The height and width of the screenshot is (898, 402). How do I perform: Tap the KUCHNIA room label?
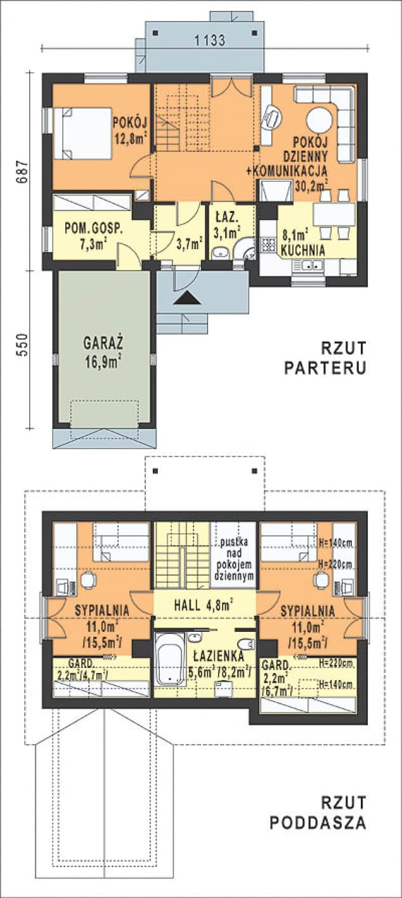point(303,250)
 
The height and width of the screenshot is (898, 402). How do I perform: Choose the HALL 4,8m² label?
point(202,605)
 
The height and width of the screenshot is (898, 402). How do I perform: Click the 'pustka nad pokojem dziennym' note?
point(233,560)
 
